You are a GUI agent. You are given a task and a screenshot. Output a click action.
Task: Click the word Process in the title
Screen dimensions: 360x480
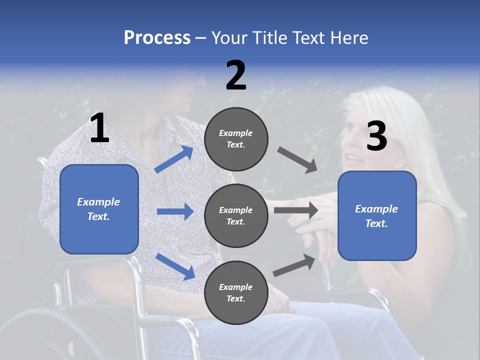(157, 38)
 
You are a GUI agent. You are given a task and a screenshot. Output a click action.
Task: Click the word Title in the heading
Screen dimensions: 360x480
(271, 38)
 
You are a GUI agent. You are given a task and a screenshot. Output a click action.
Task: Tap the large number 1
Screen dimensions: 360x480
(99, 128)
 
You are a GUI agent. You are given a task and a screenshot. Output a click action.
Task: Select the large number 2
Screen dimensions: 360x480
(236, 75)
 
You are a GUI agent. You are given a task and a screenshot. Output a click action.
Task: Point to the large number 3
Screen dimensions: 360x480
(376, 136)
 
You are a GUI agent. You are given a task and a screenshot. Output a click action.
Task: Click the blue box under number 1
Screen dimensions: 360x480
(99, 209)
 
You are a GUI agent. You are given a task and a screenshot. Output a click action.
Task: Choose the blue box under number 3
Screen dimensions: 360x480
(377, 215)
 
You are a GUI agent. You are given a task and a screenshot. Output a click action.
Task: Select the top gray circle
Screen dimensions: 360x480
(236, 139)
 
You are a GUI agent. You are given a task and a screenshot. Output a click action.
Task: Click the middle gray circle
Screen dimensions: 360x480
(236, 215)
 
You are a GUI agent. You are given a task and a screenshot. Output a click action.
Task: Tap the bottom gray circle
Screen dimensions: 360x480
(236, 292)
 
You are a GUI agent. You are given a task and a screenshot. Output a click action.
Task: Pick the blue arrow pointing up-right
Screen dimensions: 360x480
(174, 159)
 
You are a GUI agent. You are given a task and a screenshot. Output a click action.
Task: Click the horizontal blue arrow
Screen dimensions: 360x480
(175, 211)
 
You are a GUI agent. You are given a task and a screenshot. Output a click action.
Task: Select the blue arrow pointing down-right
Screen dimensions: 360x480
(175, 266)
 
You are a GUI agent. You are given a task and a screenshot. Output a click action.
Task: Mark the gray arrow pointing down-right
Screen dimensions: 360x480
(297, 159)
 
